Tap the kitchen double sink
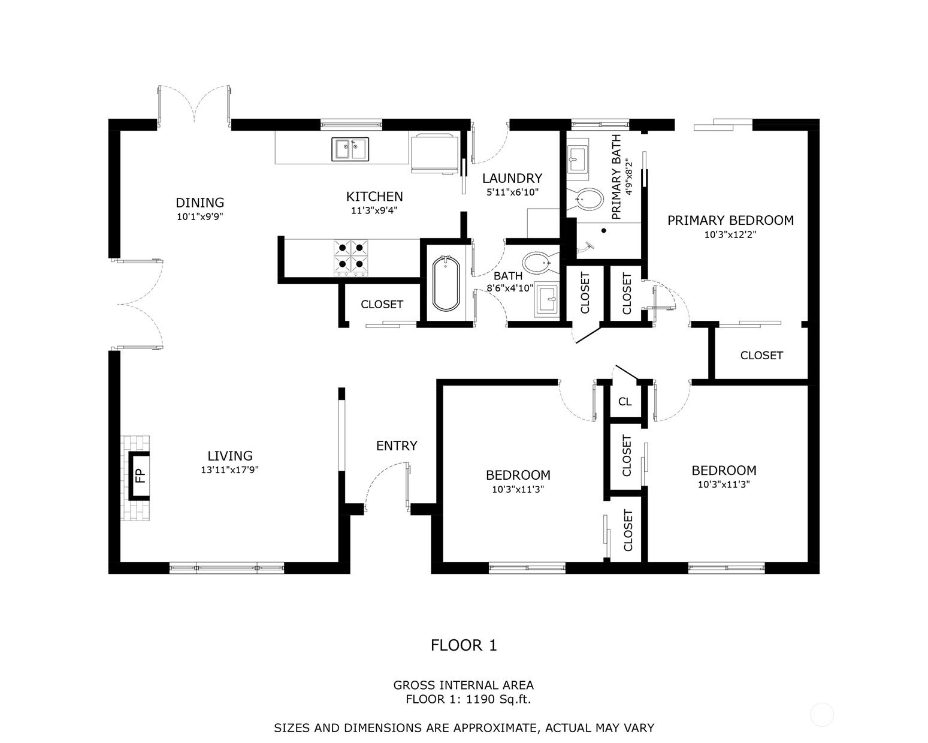(350, 149)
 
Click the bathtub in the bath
(446, 283)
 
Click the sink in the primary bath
(578, 159)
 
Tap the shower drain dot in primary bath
(604, 230)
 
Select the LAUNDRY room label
(512, 178)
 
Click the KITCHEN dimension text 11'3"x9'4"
(374, 210)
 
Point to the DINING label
(199, 203)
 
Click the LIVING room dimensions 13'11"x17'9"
(229, 470)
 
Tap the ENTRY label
(396, 446)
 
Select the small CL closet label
(625, 402)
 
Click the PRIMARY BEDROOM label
(730, 220)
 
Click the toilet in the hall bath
(536, 263)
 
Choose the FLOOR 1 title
(464, 645)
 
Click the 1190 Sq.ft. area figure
(498, 699)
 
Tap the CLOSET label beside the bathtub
(382, 305)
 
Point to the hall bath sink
(547, 300)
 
